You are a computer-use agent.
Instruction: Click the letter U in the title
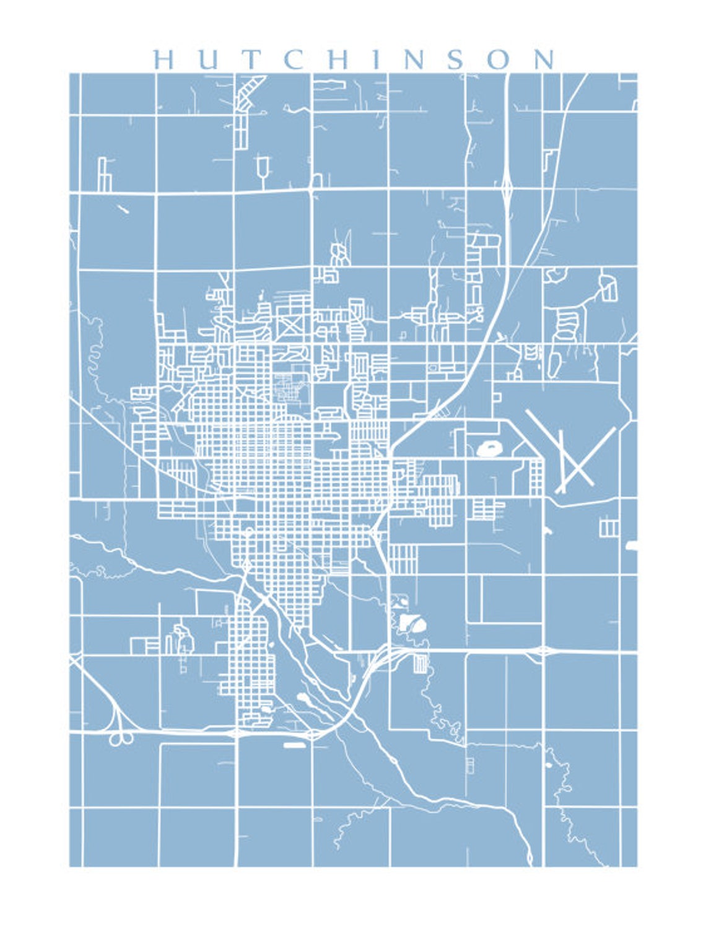[210, 59]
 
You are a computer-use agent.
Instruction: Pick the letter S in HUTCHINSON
[455, 59]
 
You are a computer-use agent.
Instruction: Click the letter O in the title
[499, 59]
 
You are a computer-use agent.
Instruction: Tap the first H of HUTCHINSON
[165, 59]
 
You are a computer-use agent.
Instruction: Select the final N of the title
[543, 59]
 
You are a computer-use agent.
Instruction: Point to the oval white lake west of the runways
[489, 448]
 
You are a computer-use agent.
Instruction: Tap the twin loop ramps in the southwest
[121, 738]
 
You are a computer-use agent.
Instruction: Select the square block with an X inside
[289, 326]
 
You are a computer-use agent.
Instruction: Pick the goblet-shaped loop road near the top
[263, 167]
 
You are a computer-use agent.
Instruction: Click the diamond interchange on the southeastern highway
[543, 650]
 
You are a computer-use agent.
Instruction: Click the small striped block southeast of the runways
[609, 527]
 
